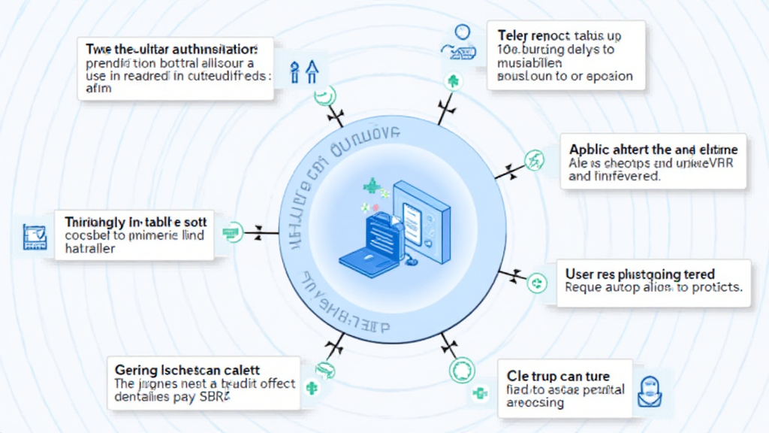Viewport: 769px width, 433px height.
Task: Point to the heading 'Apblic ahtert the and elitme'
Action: coord(653,149)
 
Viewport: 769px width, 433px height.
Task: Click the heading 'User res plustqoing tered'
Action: coord(640,274)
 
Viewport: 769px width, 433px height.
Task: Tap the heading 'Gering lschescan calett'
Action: coord(187,370)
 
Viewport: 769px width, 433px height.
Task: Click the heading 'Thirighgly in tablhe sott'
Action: coord(135,222)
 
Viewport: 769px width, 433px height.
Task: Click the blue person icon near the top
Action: coord(462,32)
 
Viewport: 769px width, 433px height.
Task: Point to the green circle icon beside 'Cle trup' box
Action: coord(460,371)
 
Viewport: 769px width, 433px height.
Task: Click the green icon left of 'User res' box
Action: coord(537,283)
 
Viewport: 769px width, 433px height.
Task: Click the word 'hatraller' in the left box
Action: coord(89,249)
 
